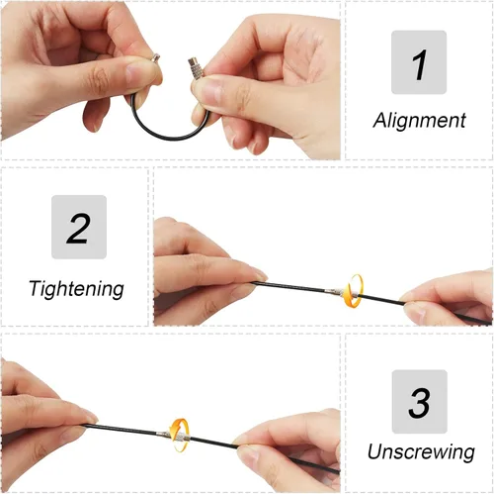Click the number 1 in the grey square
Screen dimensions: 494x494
pos(419,65)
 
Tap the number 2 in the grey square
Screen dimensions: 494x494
pos(78,229)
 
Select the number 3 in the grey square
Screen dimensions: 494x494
pos(419,403)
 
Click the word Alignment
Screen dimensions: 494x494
pos(419,121)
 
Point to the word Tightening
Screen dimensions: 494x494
pos(76,289)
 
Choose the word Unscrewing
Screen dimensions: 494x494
pos(421,451)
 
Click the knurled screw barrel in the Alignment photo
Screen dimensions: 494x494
pos(195,66)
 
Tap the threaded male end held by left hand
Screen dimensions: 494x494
pos(155,57)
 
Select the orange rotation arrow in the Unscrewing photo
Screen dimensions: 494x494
pos(180,435)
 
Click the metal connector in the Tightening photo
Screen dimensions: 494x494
pos(343,293)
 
